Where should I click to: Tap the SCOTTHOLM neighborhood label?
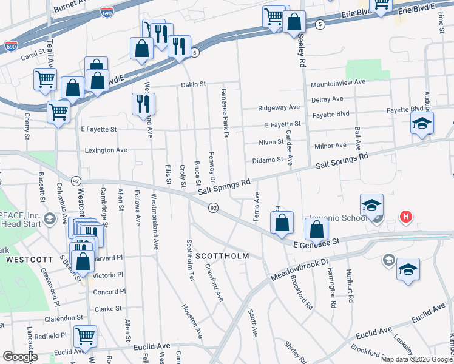pos(222,256)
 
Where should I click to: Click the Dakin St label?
pos(193,84)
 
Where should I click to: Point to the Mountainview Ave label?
pos(338,82)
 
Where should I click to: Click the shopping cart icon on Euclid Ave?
pos(85,335)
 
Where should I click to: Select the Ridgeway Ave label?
pos(279,107)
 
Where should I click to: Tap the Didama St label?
pos(268,160)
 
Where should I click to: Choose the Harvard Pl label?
pos(110,257)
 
